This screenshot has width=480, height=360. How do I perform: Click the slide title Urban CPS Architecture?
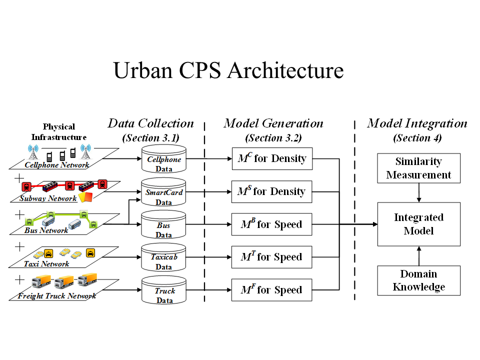(228, 70)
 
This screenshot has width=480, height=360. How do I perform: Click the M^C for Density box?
(271, 159)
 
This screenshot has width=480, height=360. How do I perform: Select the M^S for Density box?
(271, 192)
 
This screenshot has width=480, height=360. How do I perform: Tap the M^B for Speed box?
(271, 224)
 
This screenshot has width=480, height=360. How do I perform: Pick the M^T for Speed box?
(271, 257)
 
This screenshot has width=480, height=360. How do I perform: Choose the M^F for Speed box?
(271, 290)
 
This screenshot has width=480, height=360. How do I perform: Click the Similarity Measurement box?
(418, 168)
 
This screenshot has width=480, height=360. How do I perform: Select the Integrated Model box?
(418, 224)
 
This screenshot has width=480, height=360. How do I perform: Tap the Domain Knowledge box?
(418, 280)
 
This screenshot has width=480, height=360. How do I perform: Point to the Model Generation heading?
(273, 123)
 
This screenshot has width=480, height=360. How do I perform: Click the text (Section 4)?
(417, 138)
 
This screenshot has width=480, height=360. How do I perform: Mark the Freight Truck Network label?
(57, 296)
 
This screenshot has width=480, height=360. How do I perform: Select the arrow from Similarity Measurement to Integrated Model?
(419, 192)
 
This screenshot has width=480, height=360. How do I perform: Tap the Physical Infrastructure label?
(59, 132)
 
